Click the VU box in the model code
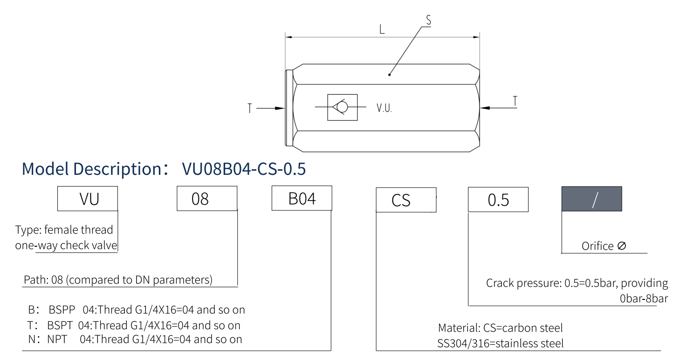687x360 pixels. pyautogui.click(x=88, y=199)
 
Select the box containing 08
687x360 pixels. pyautogui.click(x=207, y=199)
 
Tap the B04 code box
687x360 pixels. pyautogui.click(x=302, y=198)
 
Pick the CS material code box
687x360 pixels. pyautogui.click(x=405, y=200)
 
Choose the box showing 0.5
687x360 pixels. pyautogui.click(x=498, y=200)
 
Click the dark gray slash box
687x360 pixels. pyautogui.click(x=591, y=199)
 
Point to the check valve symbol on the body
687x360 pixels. pyautogui.click(x=342, y=107)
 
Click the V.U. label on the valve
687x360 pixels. pyautogui.click(x=385, y=108)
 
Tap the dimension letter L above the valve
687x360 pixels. pyautogui.click(x=382, y=30)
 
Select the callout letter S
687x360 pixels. pyautogui.click(x=428, y=20)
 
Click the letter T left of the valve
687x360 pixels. pyautogui.click(x=250, y=108)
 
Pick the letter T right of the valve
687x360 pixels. pyautogui.click(x=515, y=101)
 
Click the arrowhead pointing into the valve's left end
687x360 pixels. pyautogui.click(x=281, y=108)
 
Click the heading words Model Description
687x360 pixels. pyautogui.click(x=92, y=169)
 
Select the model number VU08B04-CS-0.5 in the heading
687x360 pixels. pyautogui.click(x=244, y=169)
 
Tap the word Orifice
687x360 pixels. pyautogui.click(x=598, y=246)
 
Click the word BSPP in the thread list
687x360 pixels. pyautogui.click(x=62, y=309)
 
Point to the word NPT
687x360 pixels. pyautogui.click(x=57, y=339)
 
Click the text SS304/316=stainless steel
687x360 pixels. pyautogui.click(x=501, y=344)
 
